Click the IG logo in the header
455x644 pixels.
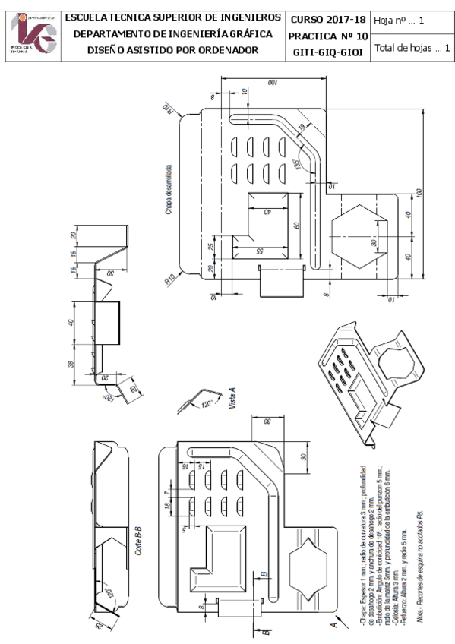tap(33, 34)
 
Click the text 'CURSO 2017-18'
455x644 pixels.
tap(329, 18)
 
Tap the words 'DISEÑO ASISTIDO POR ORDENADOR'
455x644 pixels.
tap(172, 49)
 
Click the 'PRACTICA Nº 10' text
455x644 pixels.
tap(329, 35)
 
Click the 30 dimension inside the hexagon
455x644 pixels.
tap(373, 243)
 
